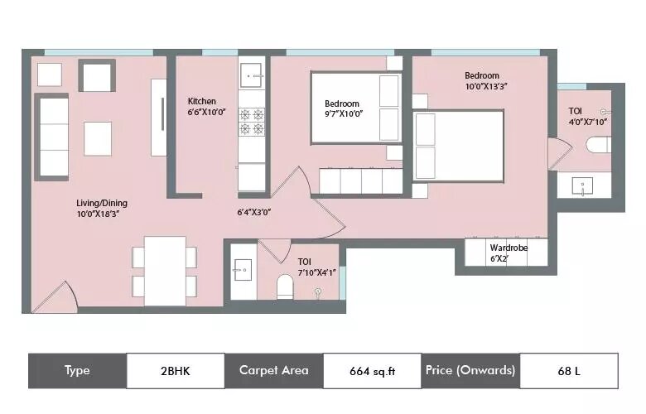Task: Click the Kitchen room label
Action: (x=202, y=101)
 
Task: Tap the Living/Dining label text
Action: (x=102, y=203)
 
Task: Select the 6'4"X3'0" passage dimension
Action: (x=253, y=213)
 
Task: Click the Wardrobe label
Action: (x=509, y=248)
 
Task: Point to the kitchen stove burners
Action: (x=252, y=122)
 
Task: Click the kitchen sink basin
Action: (x=251, y=75)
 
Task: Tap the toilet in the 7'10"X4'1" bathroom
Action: (x=285, y=286)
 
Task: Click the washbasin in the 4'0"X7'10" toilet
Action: (x=582, y=185)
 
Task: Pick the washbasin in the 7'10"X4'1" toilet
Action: (x=243, y=270)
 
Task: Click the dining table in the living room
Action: (x=165, y=271)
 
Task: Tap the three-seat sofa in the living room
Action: (x=52, y=137)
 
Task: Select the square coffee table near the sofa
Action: (x=98, y=138)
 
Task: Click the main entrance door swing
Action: (x=55, y=296)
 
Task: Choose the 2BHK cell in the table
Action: (x=176, y=371)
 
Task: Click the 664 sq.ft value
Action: (x=373, y=371)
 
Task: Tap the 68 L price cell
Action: (x=569, y=371)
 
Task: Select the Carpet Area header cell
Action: (x=274, y=371)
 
